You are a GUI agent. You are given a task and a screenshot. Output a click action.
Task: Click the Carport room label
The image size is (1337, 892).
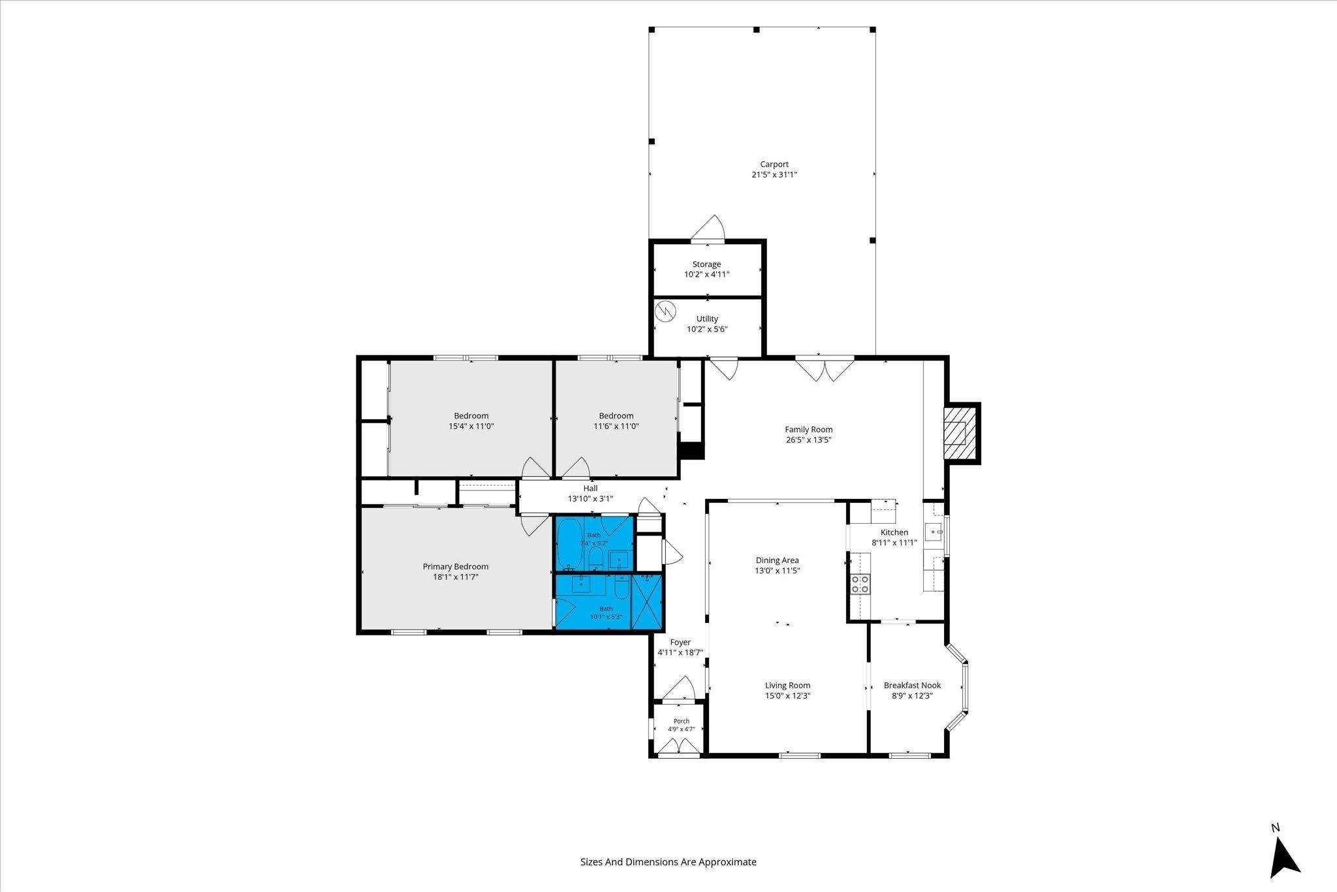[774, 165]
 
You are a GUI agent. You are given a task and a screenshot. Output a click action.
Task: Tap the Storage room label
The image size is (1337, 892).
[707, 264]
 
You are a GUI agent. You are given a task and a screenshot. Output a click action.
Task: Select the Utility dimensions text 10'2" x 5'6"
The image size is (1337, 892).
[707, 329]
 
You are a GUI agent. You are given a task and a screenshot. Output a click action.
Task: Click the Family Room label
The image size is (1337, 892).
[809, 430]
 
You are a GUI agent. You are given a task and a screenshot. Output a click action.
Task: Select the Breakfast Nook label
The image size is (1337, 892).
[912, 686]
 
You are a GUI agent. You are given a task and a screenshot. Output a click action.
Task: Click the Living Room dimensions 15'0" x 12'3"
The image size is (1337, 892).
[788, 696]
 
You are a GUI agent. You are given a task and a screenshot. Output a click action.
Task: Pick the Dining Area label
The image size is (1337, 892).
[778, 560]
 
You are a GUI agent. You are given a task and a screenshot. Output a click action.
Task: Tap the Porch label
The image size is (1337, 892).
[681, 722]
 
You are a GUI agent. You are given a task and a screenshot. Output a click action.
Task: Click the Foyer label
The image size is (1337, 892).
[680, 643]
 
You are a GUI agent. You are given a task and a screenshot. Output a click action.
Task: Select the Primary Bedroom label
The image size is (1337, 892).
[456, 567]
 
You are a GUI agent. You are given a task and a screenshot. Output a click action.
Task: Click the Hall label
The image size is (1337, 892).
[590, 488]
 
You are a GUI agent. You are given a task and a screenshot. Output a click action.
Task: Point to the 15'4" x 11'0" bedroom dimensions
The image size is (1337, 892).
[471, 426]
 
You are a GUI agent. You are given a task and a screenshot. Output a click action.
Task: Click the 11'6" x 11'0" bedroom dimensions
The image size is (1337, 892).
[616, 426]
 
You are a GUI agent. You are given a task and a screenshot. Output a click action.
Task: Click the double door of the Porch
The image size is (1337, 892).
[679, 746]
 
